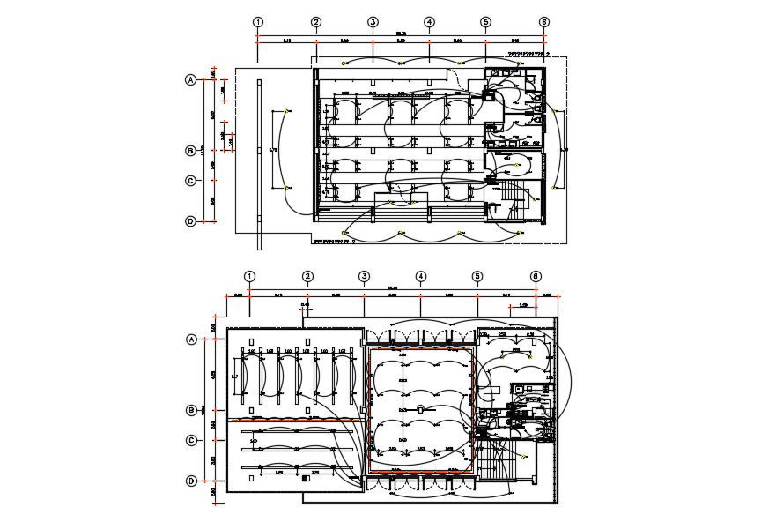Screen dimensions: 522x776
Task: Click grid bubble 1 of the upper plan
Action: (258, 22)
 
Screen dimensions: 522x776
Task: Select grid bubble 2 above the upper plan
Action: (316, 22)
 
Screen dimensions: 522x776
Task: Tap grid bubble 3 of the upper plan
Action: (373, 22)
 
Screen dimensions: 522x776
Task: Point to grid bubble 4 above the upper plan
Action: (429, 22)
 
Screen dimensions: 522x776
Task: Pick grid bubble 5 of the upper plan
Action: (485, 22)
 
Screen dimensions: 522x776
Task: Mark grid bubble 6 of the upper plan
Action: (544, 22)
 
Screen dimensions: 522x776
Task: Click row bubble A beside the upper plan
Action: (189, 80)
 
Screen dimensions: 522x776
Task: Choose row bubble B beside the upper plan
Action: (189, 151)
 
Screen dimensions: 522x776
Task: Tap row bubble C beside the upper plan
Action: (189, 181)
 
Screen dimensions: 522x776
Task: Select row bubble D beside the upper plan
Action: (189, 221)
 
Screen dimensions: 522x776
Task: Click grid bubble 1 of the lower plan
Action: (250, 276)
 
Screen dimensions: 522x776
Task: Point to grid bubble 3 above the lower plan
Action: (364, 276)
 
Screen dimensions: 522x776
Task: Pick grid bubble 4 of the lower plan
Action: (420, 276)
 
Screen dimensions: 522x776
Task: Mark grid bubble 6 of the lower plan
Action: (536, 276)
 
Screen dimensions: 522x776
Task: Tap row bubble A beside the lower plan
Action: (191, 339)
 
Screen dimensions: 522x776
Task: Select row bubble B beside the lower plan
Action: (191, 410)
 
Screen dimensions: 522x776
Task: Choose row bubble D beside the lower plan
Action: (191, 481)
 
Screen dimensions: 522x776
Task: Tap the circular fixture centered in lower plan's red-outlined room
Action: (421, 408)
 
